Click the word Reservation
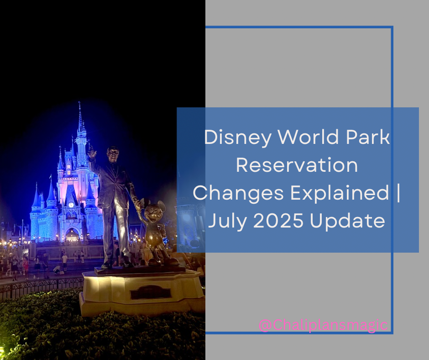click(297, 165)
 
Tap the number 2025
click(278, 220)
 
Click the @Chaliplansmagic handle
click(323, 325)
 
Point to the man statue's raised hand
click(92, 153)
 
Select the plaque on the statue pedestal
click(151, 292)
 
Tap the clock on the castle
click(71, 205)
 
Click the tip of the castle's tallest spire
click(79, 102)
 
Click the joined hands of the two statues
click(139, 204)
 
